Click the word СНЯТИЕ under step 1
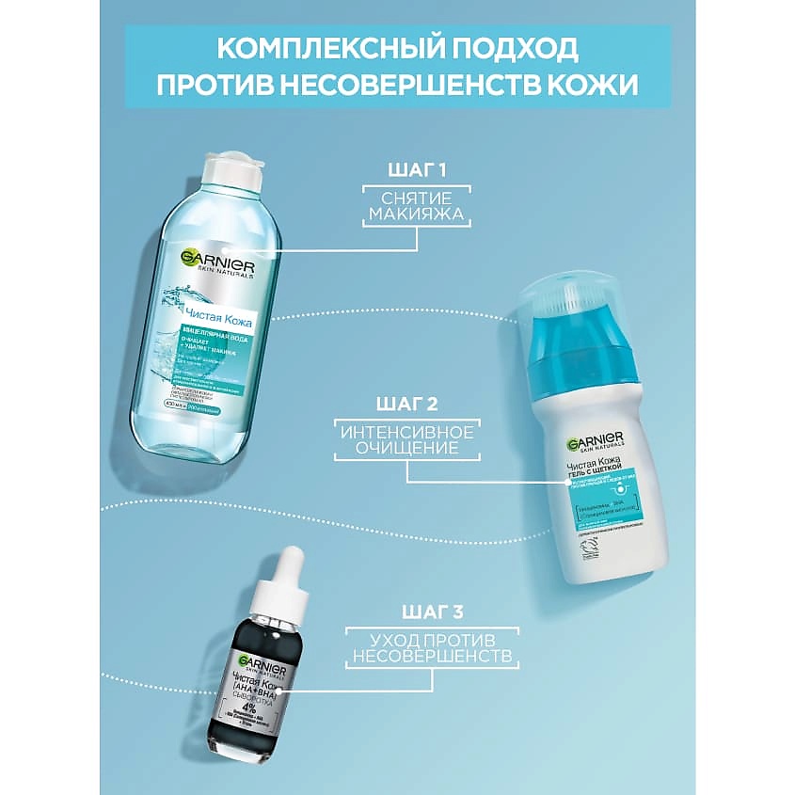[416, 198]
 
